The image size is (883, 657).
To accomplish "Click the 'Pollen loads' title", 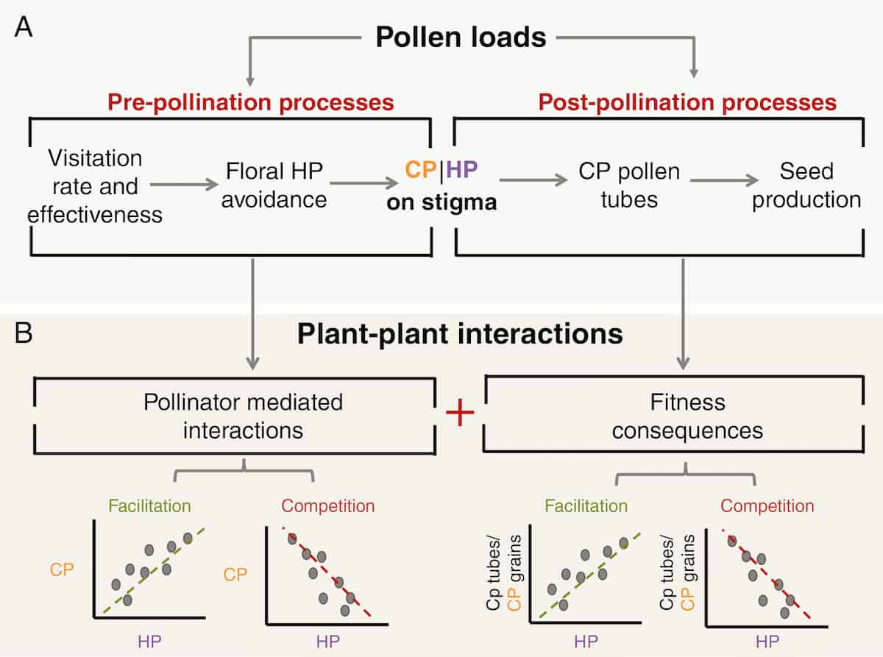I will [x=461, y=37].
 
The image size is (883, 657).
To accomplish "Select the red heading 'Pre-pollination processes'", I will [x=252, y=102].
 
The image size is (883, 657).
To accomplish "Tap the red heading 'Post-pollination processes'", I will [x=687, y=102].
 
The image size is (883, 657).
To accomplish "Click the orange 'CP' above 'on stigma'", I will [x=420, y=171].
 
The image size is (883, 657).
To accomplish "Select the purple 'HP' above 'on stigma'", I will [x=462, y=171].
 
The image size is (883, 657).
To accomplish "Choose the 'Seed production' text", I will [x=806, y=186].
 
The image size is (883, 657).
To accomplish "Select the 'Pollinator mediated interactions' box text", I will [x=243, y=416].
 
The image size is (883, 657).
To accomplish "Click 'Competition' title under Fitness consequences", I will [x=767, y=506].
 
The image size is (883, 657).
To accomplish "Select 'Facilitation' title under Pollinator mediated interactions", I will [x=149, y=506].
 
